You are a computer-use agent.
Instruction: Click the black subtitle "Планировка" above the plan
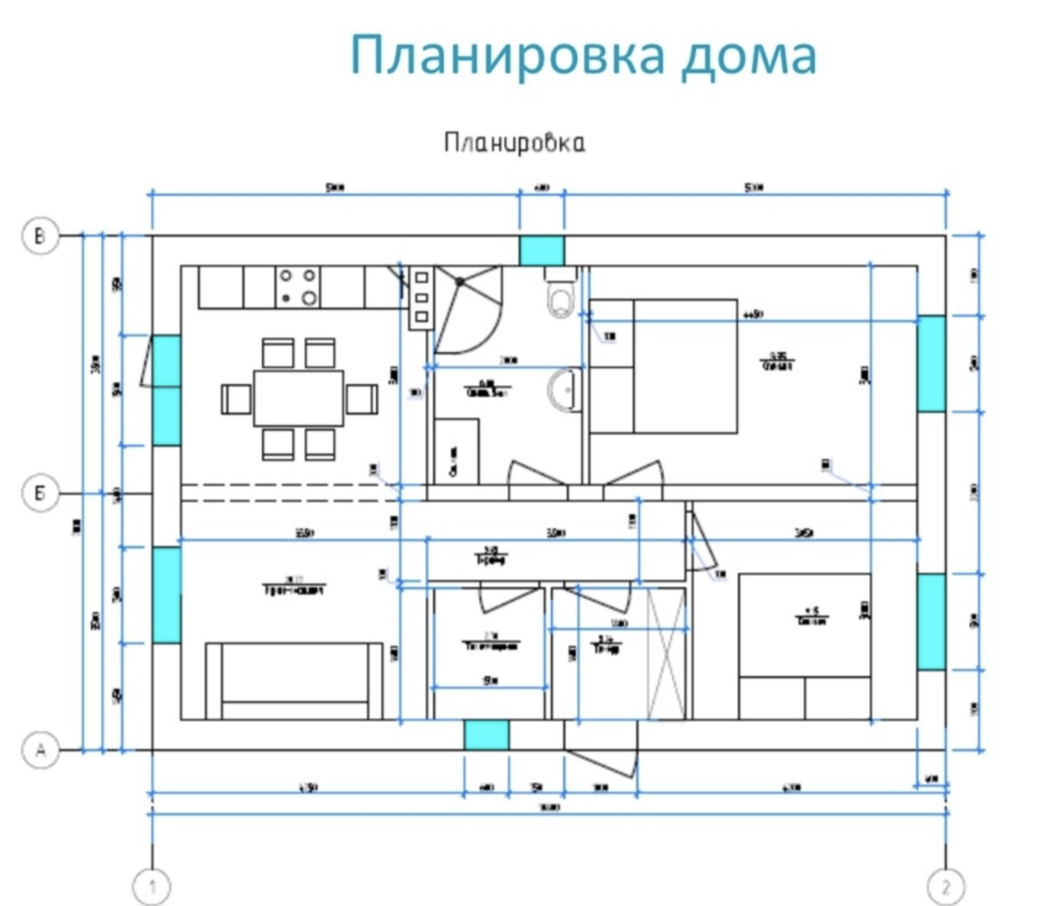tap(514, 143)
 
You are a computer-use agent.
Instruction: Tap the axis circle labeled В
tap(40, 236)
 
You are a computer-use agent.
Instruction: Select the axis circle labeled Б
tap(40, 494)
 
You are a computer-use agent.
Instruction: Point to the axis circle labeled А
tap(40, 750)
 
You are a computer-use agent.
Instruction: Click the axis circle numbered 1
tap(152, 887)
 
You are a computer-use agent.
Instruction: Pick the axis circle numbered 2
tap(946, 887)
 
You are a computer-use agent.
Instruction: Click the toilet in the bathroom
tap(560, 296)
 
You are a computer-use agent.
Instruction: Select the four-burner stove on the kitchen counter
tap(298, 287)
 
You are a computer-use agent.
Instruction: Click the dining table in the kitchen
tap(298, 398)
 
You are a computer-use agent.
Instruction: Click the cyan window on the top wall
tap(541, 251)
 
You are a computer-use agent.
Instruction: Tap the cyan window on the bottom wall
tap(486, 735)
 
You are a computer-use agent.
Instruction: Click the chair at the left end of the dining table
tap(236, 399)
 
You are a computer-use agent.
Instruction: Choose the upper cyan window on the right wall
tap(931, 364)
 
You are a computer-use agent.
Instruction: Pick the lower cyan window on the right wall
tap(931, 621)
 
